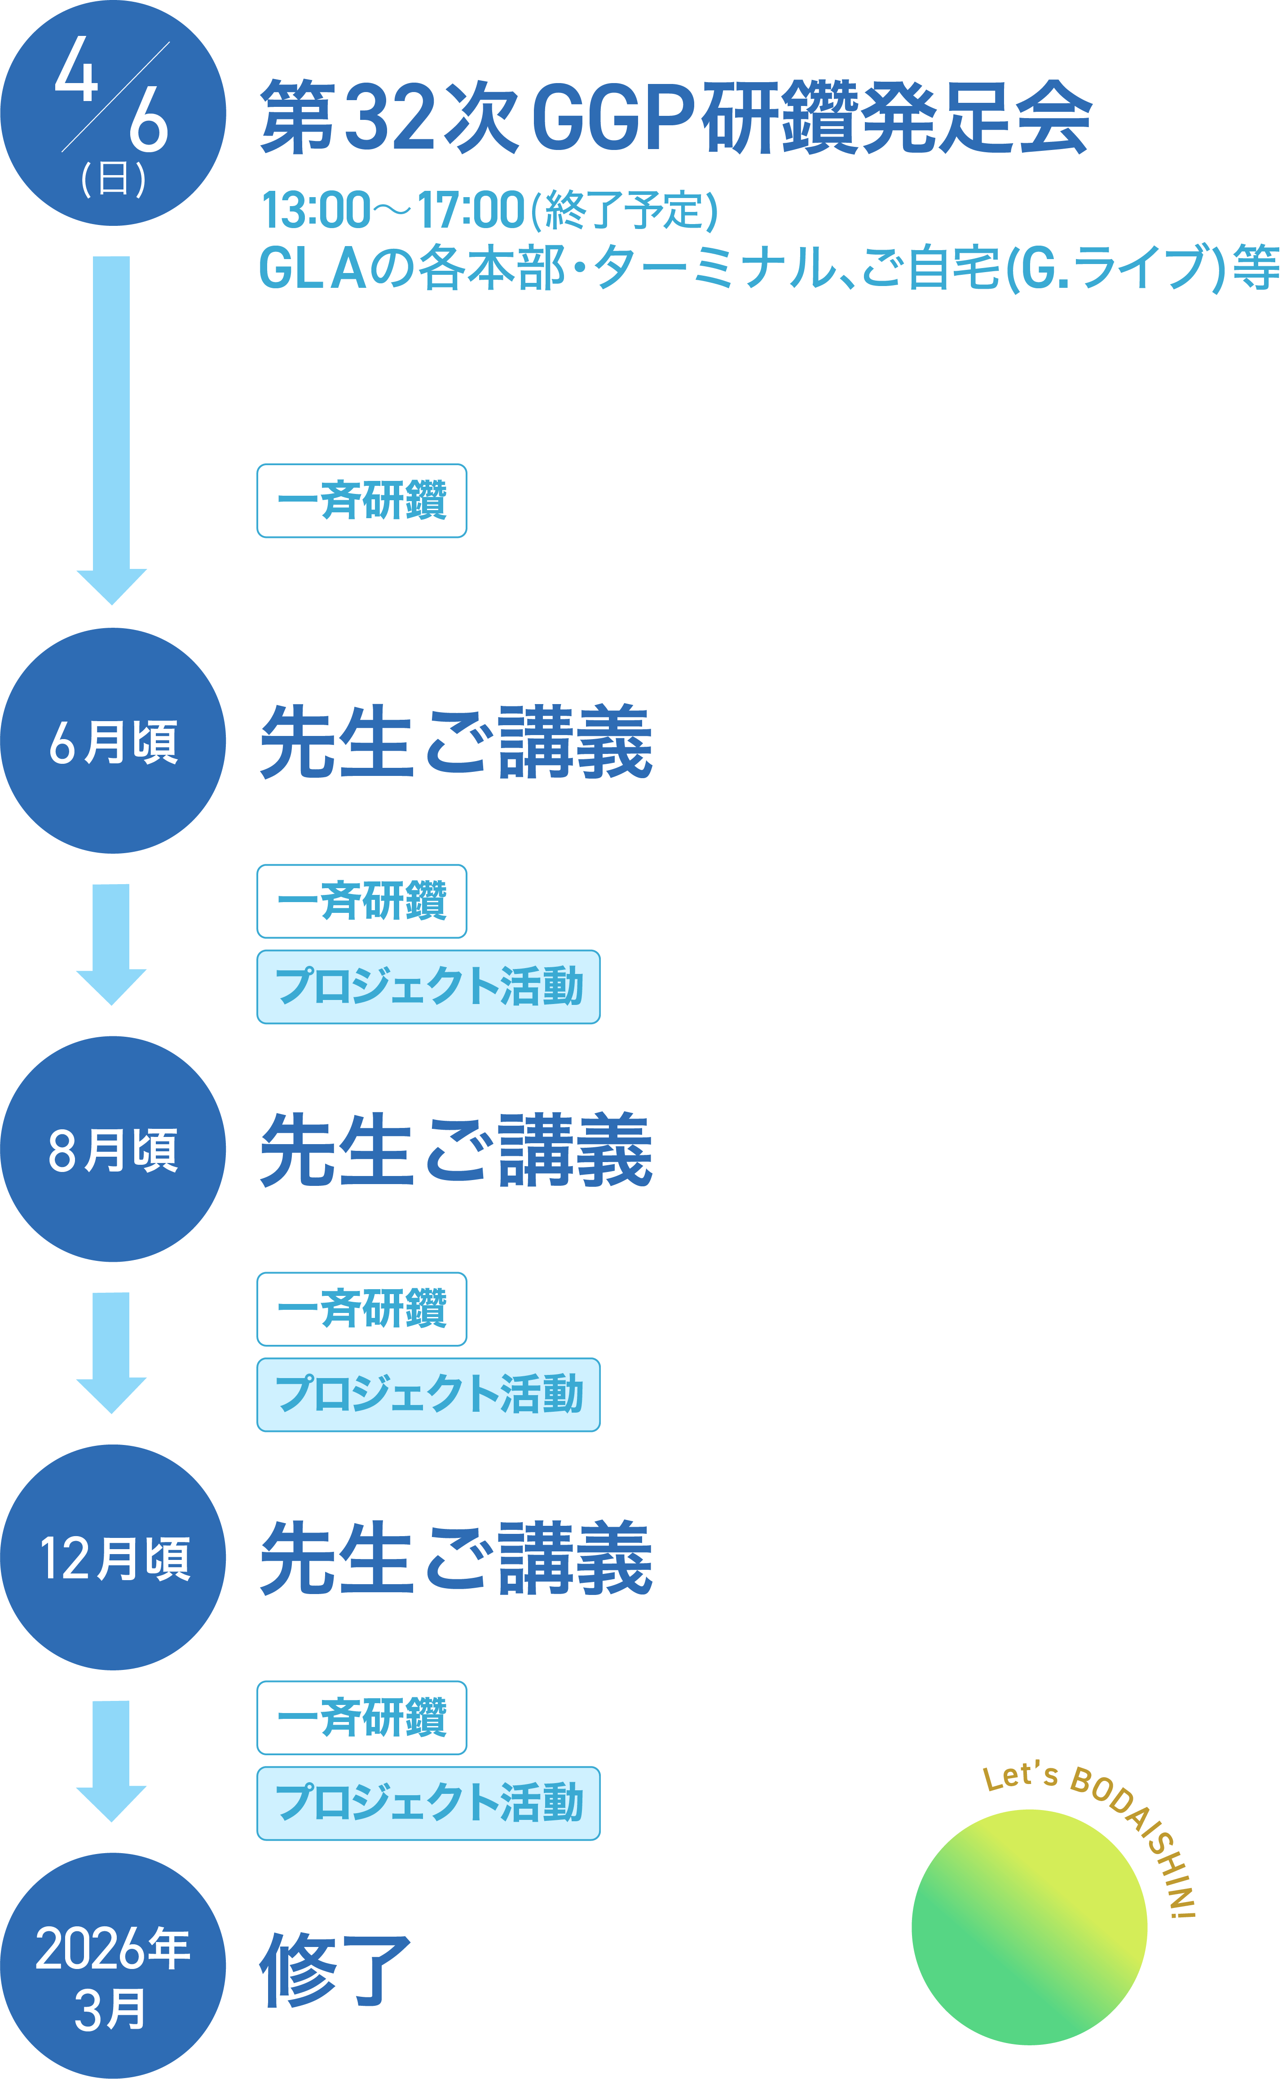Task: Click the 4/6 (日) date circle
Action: pos(113,113)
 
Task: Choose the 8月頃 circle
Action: pos(113,1149)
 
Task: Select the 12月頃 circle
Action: pos(113,1558)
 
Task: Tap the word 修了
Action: pos(335,1971)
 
